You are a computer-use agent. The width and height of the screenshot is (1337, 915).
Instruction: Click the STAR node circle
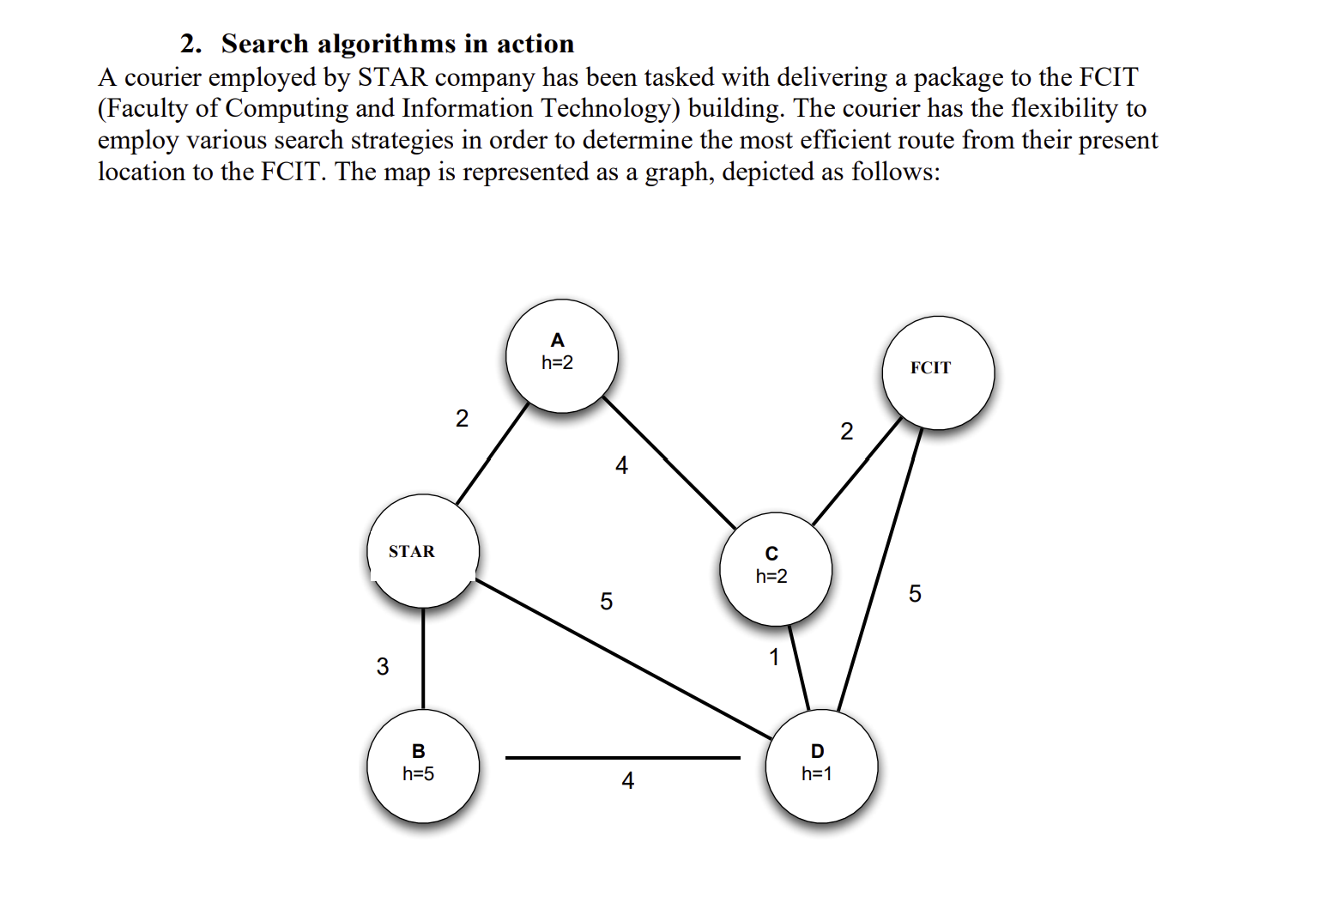click(422, 551)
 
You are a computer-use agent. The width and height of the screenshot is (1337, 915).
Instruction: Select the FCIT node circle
click(938, 373)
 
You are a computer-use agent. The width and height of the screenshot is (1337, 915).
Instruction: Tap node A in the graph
click(561, 355)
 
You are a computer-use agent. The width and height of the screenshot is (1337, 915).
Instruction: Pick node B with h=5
click(422, 766)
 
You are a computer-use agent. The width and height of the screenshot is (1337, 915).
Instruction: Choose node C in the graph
click(776, 569)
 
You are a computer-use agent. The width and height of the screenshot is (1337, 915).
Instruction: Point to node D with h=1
click(821, 766)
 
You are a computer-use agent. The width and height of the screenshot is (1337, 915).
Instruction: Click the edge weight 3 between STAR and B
click(383, 666)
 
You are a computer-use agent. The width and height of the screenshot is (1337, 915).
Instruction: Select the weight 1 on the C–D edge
click(774, 657)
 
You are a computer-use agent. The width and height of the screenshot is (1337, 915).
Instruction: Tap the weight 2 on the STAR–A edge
click(462, 418)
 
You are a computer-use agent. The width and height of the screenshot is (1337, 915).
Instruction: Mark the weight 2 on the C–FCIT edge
click(847, 431)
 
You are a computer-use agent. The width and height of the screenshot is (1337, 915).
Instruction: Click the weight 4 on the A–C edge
click(622, 465)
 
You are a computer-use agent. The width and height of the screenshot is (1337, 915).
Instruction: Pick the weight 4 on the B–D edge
click(628, 780)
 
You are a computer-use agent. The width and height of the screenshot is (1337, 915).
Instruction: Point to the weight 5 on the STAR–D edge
click(607, 601)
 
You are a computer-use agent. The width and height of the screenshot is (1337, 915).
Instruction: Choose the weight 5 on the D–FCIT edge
click(915, 593)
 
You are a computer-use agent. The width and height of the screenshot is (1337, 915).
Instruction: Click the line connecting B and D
click(622, 758)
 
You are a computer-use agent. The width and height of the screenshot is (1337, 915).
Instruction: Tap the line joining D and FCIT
click(880, 570)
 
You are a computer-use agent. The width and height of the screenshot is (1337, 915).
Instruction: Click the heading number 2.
click(190, 44)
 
